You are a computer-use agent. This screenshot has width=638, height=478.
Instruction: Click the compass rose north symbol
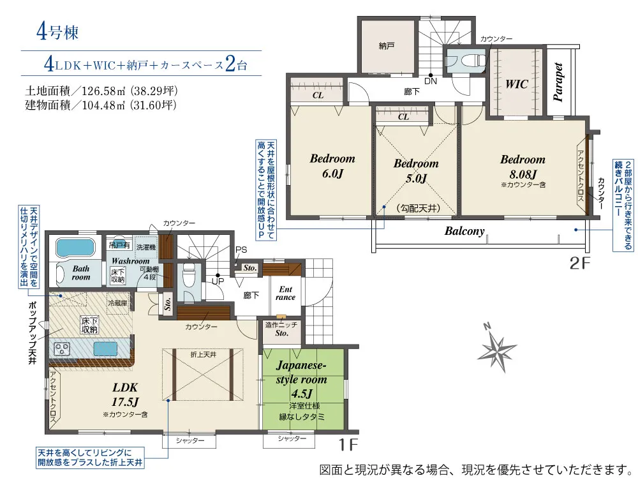tap(497, 350)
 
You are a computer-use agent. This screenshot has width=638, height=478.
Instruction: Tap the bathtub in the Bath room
tap(75, 247)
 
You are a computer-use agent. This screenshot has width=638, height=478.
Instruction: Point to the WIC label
tap(516, 84)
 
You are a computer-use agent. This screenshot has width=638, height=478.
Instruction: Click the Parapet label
tap(558, 82)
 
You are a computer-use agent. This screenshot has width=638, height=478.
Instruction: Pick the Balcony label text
tap(464, 231)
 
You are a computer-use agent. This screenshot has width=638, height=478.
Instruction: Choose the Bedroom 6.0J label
tap(332, 166)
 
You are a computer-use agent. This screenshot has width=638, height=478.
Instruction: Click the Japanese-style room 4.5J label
tap(301, 379)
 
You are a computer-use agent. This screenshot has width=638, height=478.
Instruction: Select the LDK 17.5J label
tap(125, 394)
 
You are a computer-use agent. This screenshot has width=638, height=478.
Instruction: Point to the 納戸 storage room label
tap(387, 46)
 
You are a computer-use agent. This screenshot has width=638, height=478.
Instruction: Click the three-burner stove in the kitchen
tap(63, 348)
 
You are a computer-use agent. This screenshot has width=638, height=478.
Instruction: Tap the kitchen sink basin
tap(105, 349)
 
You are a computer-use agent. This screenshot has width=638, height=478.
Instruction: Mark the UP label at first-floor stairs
tap(218, 281)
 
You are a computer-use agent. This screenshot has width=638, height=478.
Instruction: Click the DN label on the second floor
tap(431, 81)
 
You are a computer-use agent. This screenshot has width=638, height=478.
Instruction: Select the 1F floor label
tap(348, 445)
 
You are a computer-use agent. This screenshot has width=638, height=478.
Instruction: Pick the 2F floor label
tap(579, 264)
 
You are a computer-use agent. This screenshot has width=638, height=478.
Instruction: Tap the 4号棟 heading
tap(57, 32)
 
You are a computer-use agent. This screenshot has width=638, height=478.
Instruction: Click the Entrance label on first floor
tap(285, 293)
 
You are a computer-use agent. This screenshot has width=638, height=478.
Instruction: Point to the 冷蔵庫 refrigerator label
tap(117, 303)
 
